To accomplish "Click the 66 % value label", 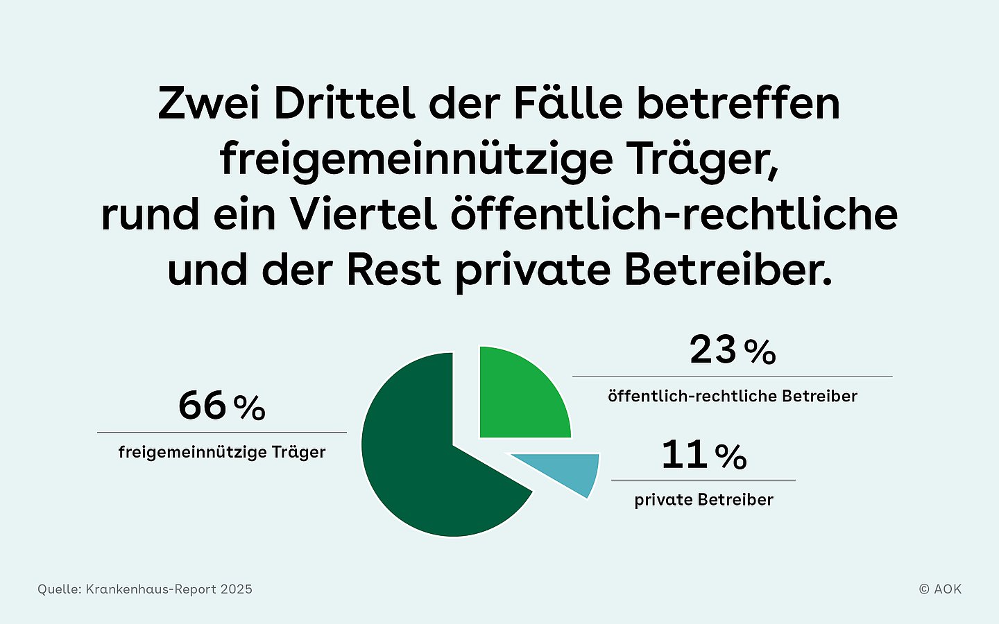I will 221,406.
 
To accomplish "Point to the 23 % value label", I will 733,351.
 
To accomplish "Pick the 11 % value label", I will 703,456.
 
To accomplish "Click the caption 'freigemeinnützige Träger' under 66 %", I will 222,453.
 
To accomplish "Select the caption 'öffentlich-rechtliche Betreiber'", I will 733,397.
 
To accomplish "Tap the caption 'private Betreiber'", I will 703,500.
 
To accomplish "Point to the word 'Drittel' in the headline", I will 344,104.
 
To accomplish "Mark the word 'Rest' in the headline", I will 393,270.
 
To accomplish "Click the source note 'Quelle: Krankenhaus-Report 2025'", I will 145,589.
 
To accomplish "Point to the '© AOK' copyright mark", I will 940,589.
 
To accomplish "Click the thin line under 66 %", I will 222,433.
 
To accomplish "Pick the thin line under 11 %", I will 703,480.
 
